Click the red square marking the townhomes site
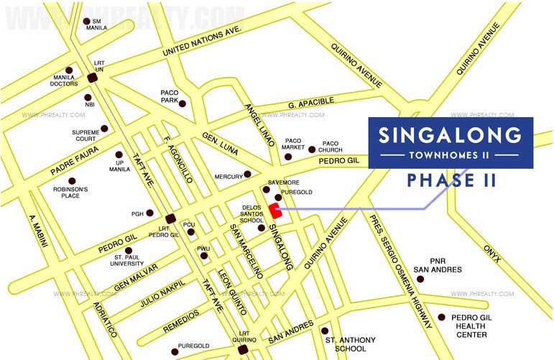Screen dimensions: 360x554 point(274,211)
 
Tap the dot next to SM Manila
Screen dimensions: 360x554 point(87,22)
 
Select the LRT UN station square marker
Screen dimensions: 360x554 point(92,78)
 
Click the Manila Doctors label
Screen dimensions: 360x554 point(65,81)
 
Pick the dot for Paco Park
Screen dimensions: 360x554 point(183,104)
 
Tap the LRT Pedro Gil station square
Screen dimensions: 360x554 point(170,219)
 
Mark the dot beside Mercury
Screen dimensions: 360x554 point(247,174)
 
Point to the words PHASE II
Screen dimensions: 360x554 point(451,180)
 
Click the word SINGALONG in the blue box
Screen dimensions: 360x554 point(450,134)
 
